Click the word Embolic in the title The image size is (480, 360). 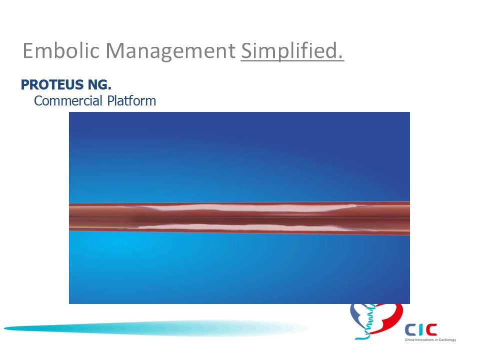click(x=61, y=50)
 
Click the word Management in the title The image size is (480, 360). click(x=170, y=52)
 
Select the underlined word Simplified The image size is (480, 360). click(x=292, y=51)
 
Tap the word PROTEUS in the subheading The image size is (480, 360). click(x=52, y=85)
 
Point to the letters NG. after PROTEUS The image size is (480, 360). click(x=99, y=85)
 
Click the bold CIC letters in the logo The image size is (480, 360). click(x=421, y=330)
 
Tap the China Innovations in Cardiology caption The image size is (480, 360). click(x=430, y=340)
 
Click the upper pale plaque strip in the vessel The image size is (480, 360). click(x=245, y=208)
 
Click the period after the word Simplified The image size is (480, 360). click(x=340, y=57)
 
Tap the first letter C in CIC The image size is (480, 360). click(x=410, y=330)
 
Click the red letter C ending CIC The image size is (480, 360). click(x=431, y=330)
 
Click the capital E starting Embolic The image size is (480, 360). click(x=27, y=50)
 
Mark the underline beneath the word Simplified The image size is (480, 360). click(x=292, y=60)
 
